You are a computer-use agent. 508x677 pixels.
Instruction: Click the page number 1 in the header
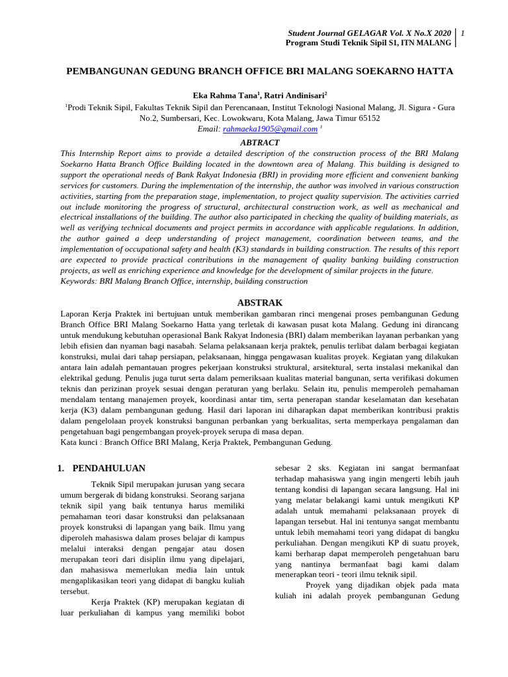[463, 33]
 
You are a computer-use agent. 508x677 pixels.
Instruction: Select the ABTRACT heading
[259, 143]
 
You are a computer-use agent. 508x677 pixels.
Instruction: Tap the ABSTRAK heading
[259, 303]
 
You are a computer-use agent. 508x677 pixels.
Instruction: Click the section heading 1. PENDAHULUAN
[101, 469]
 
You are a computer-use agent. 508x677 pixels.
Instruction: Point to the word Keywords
[78, 281]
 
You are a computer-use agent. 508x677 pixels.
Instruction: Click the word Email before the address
[208, 129]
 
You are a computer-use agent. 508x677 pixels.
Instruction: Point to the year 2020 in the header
[441, 33]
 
